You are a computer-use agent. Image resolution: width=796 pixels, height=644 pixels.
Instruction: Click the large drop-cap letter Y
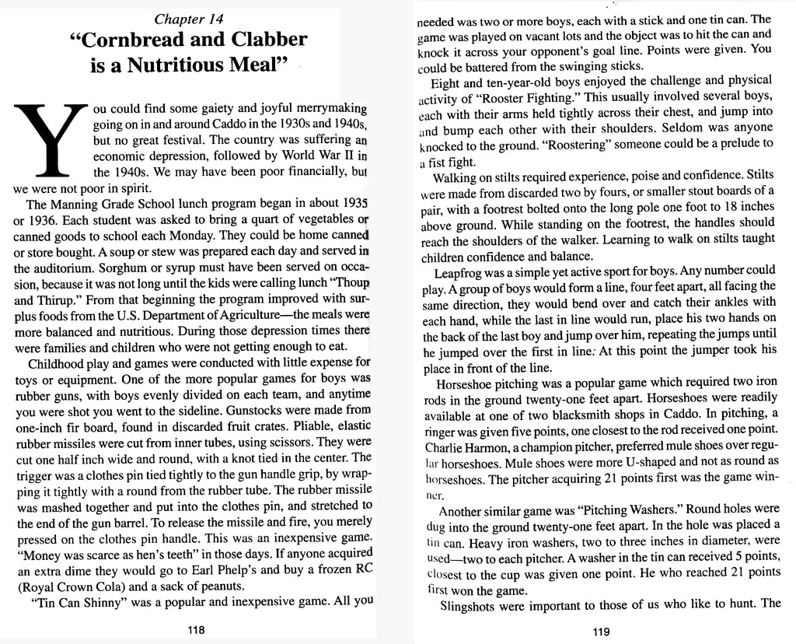tap(49, 140)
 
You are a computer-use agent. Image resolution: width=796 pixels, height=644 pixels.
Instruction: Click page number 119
tap(600, 631)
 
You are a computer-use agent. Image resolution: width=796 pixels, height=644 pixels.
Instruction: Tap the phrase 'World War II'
tap(316, 156)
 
